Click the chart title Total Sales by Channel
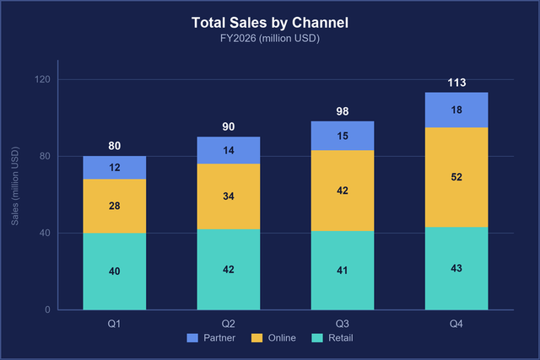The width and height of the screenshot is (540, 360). [x=270, y=23]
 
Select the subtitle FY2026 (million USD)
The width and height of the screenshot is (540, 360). [x=270, y=38]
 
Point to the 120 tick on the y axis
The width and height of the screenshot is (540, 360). [x=42, y=79]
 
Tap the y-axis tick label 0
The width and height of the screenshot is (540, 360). [x=47, y=309]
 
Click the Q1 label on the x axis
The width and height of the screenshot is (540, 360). [x=115, y=324]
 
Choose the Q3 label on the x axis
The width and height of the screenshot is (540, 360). [x=343, y=324]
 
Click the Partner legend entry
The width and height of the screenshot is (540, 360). [x=211, y=338]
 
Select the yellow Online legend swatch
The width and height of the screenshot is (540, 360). [x=256, y=338]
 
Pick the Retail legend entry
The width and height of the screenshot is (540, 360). [x=332, y=338]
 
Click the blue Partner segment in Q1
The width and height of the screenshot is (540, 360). [x=115, y=168]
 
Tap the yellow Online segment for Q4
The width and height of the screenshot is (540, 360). [x=456, y=177]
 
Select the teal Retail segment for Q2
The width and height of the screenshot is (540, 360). [x=229, y=270]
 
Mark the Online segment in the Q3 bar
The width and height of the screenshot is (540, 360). [x=343, y=191]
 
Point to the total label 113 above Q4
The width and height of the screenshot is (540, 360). [x=456, y=83]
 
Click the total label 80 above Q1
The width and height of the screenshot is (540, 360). [x=115, y=146]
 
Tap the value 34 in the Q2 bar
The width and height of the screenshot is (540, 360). [x=229, y=196]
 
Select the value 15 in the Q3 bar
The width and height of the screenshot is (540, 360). [x=343, y=136]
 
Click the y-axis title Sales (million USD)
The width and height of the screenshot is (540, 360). [x=15, y=186]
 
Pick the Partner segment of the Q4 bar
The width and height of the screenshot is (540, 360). [x=456, y=110]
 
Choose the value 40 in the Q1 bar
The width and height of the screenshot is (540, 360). [x=115, y=271]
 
